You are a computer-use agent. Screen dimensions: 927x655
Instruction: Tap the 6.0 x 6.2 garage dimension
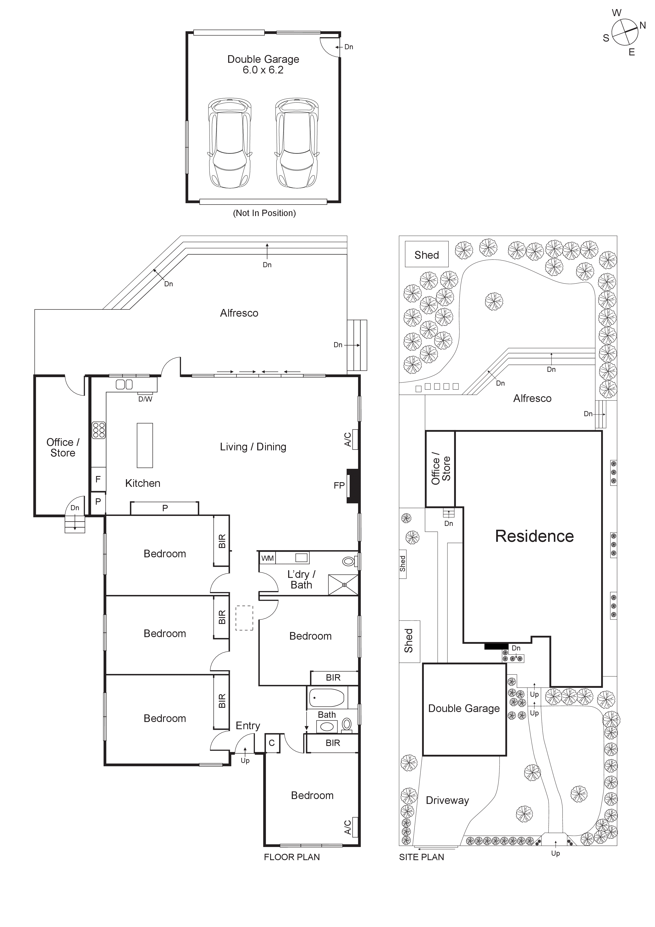pyautogui.click(x=263, y=70)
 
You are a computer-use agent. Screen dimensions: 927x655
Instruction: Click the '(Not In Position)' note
pyautogui.click(x=264, y=213)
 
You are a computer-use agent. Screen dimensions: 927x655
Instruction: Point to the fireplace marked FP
pyautogui.click(x=352, y=486)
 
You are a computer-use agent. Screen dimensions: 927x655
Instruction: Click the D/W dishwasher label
pyautogui.click(x=145, y=399)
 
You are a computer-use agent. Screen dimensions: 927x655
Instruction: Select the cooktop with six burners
pyautogui.click(x=99, y=430)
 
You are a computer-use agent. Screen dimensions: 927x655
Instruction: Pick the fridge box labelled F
pyautogui.click(x=98, y=479)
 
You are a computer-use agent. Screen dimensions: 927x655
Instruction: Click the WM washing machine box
pyautogui.click(x=267, y=558)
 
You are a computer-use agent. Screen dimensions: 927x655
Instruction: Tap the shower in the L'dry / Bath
pyautogui.click(x=343, y=585)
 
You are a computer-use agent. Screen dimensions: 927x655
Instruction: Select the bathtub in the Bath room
pyautogui.click(x=327, y=698)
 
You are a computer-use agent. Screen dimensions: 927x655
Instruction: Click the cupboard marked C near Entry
pyautogui.click(x=272, y=743)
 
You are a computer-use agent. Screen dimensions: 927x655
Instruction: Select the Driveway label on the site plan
pyautogui.click(x=447, y=800)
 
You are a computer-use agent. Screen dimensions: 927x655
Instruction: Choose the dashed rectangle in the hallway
pyautogui.click(x=244, y=618)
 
